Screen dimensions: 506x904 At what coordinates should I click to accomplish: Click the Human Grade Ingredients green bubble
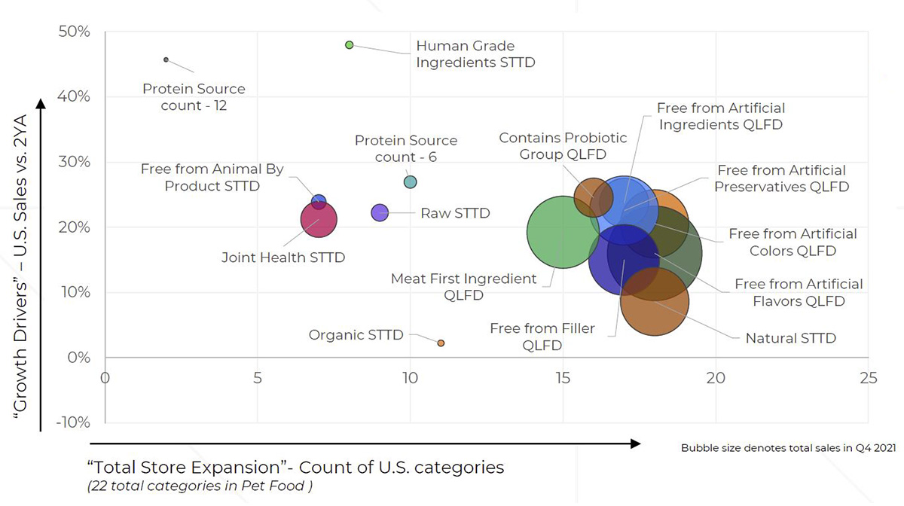pos(349,45)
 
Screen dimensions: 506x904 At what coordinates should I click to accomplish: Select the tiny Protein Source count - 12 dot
pos(166,59)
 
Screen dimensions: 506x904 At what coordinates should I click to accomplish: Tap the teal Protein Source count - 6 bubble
pos(410,181)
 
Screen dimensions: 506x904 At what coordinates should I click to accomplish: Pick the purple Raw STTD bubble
pos(380,212)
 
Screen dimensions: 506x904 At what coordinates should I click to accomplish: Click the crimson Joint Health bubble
pos(319,220)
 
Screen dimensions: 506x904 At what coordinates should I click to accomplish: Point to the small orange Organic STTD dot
pos(441,343)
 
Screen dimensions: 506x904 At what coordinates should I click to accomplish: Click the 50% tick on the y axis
pos(75,32)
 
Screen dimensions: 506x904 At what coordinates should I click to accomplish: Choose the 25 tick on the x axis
pos(869,376)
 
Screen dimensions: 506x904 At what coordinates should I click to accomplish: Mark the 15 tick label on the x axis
pos(563,376)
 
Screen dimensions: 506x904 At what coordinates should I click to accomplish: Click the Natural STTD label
pos(790,338)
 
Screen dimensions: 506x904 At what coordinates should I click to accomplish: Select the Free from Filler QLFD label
pos(542,337)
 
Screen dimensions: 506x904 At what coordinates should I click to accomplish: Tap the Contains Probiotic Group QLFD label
pos(563,146)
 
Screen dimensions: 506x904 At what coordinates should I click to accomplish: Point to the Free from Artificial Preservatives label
pos(781,178)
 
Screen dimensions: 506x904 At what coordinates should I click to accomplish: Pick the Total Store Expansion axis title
pos(296,467)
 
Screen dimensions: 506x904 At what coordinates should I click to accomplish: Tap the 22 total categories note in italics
pos(200,486)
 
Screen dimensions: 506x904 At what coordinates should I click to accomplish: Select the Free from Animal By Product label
pos(212,177)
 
